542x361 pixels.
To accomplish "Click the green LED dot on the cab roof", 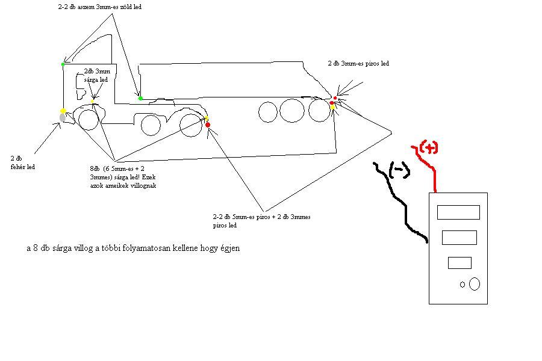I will point(63,63).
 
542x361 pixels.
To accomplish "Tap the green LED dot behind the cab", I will point(140,98).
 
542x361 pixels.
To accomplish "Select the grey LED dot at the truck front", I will point(63,118).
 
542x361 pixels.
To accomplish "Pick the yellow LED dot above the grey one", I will point(63,111).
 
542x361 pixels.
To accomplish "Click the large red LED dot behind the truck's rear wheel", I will point(208,125).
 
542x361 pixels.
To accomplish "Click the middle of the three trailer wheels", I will point(292,111).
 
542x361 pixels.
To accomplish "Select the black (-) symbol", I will point(399,171).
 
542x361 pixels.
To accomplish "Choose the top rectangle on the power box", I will point(458,212).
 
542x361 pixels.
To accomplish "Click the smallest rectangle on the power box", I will point(459,263).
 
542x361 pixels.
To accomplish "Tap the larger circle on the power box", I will point(475,283).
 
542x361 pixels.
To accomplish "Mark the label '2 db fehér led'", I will point(23,162).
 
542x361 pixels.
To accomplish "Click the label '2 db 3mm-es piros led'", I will point(358,63).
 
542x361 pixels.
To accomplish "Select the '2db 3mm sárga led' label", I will point(96,75).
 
